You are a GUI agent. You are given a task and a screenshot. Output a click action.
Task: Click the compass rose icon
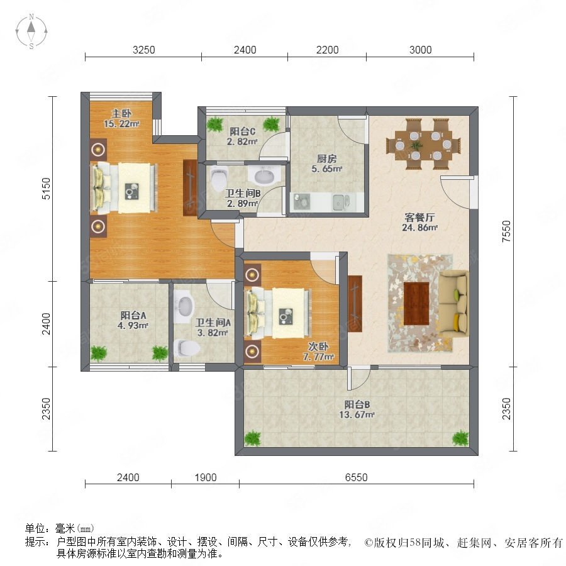pyautogui.click(x=31, y=31)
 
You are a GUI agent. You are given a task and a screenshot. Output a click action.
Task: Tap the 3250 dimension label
pyautogui.click(x=143, y=50)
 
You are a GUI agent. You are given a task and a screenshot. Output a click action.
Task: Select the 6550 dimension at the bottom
pyautogui.click(x=357, y=477)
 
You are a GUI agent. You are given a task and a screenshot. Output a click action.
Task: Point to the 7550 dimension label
pyautogui.click(x=506, y=231)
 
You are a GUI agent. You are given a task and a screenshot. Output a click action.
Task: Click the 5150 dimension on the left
pyautogui.click(x=47, y=189)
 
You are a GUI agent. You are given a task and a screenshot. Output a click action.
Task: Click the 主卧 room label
pyautogui.click(x=121, y=114)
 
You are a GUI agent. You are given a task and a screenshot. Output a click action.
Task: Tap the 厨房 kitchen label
pyautogui.click(x=326, y=158)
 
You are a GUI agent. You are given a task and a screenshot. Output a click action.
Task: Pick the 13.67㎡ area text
pyautogui.click(x=357, y=415)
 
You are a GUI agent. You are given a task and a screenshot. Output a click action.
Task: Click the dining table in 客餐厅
pyautogui.click(x=423, y=145)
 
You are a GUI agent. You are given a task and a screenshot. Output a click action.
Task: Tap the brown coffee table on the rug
pyautogui.click(x=416, y=304)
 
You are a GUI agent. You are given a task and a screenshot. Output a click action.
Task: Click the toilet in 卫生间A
pyautogui.click(x=187, y=348)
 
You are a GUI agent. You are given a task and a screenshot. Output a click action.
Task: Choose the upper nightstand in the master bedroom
pyautogui.click(x=98, y=149)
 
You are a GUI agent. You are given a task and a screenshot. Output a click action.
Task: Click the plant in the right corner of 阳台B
pyautogui.click(x=460, y=438)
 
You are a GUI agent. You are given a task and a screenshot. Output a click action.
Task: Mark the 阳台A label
pyautogui.click(x=133, y=315)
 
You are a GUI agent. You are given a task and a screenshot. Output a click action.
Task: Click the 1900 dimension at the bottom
pyautogui.click(x=206, y=477)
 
